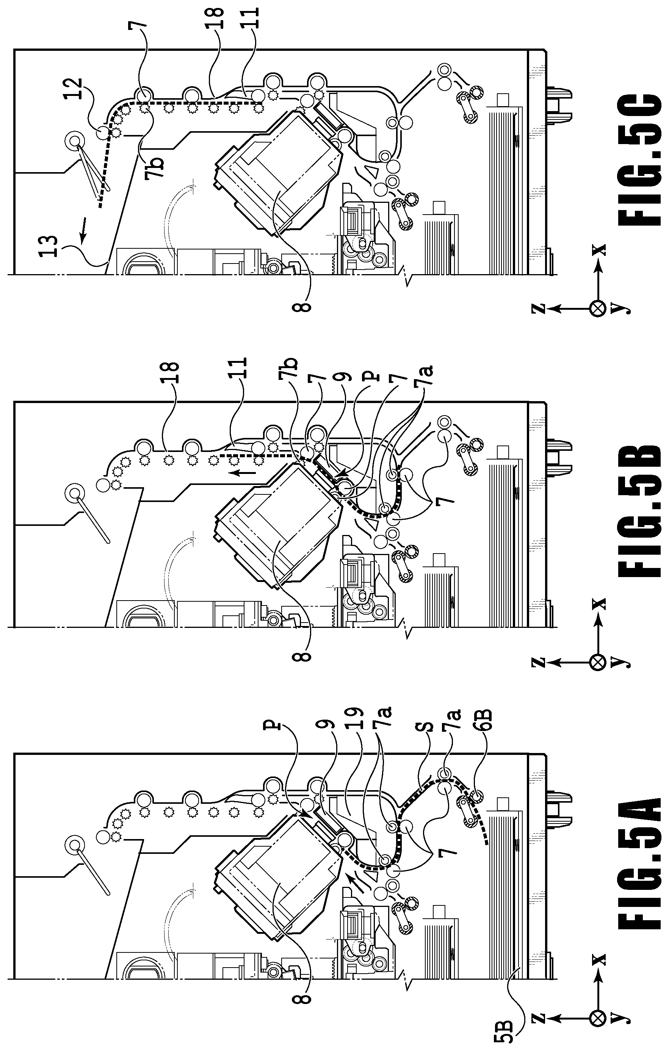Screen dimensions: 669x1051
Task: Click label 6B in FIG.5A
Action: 484,722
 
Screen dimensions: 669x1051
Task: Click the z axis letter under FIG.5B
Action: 539,662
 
